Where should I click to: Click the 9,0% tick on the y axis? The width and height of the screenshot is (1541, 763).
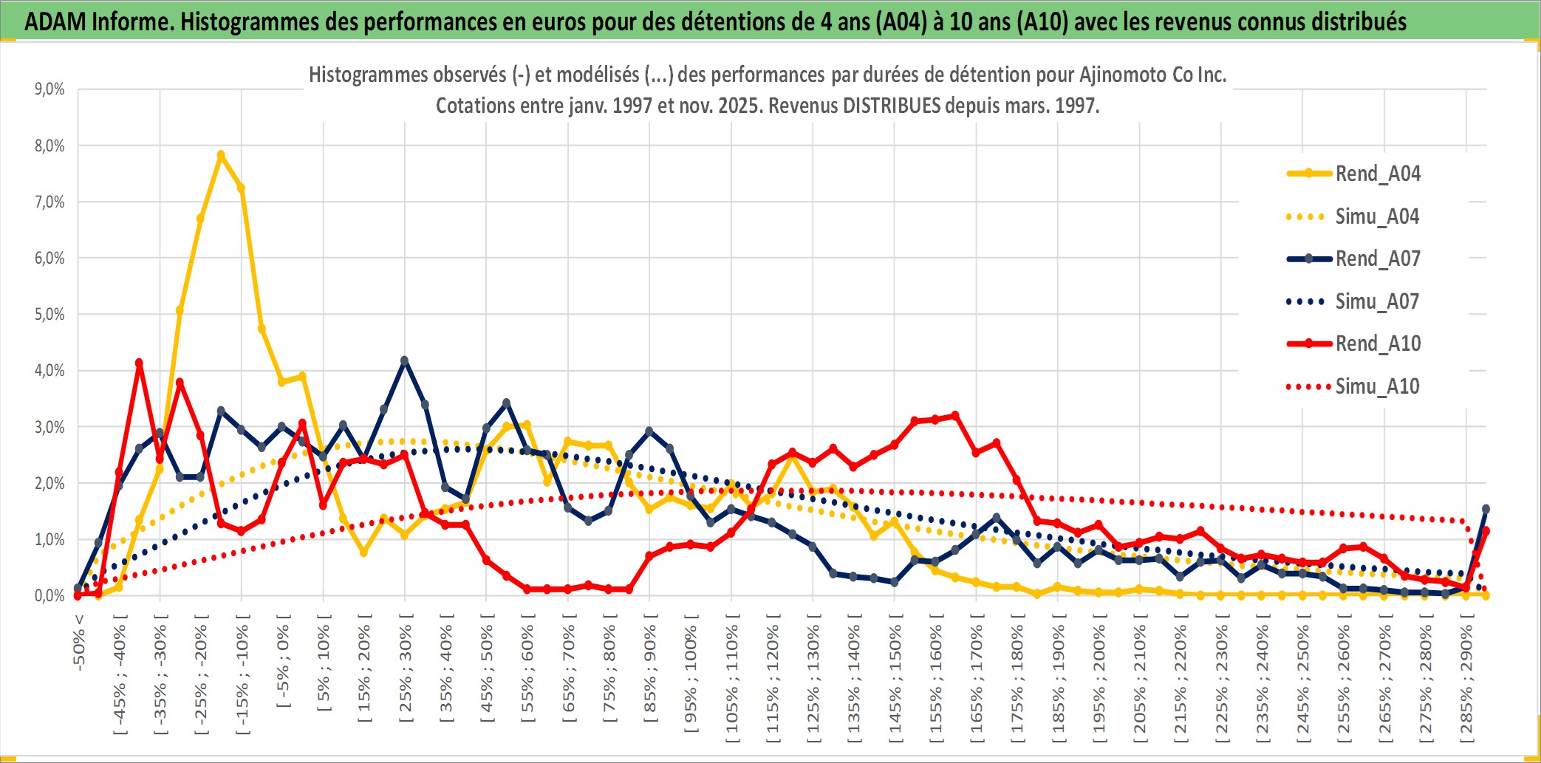tap(49, 89)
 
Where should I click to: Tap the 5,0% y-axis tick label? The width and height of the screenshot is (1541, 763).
tap(49, 315)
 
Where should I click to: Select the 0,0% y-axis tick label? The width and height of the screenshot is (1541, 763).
tap(49, 595)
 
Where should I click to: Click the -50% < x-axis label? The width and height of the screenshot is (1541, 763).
tap(79, 642)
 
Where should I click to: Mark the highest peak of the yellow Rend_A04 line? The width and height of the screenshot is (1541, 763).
tap(221, 155)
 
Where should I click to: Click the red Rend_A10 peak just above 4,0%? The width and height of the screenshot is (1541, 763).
tap(139, 363)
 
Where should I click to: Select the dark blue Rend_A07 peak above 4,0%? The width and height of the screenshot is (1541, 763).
tap(404, 360)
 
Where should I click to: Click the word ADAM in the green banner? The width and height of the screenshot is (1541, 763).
tap(55, 21)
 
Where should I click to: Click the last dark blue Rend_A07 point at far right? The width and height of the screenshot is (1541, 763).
tap(1486, 509)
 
